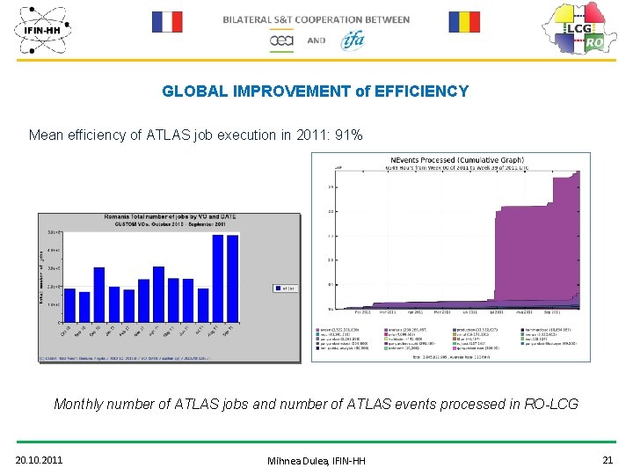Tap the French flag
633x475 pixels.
(166, 22)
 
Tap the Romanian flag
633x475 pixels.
(464, 22)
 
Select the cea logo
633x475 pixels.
(281, 40)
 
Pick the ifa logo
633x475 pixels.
(353, 40)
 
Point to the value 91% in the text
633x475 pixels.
(347, 135)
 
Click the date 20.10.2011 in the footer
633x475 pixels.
(40, 460)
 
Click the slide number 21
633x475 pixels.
(608, 460)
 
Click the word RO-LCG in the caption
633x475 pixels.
(550, 405)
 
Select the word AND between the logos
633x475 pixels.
(316, 40)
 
